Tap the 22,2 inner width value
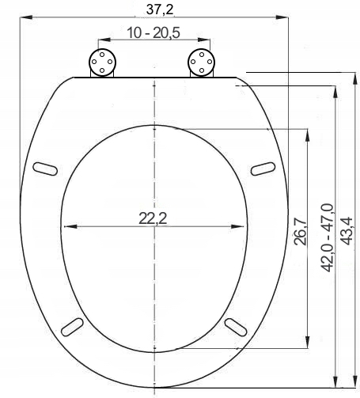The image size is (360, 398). tap(153, 219)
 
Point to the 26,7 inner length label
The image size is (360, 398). tap(300, 232)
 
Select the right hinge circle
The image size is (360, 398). tap(201, 62)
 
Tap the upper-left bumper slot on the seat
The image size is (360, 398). tap(46, 167)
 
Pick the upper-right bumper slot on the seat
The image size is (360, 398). tap(262, 167)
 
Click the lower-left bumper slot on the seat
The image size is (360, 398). tap(73, 326)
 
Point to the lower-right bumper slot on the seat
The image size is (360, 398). tap(235, 326)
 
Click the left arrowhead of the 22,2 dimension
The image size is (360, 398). tap(65, 227)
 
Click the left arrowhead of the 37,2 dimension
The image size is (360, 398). tap(20, 17)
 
